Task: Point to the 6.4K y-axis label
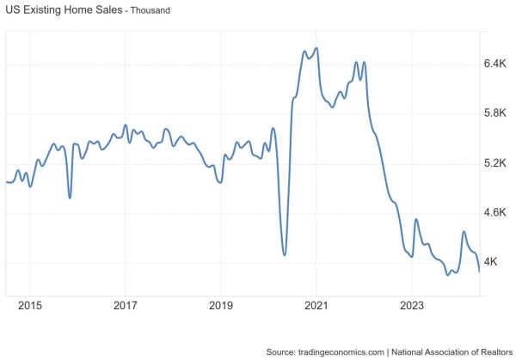point(497,64)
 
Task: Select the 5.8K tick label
point(497,113)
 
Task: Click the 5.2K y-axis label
point(497,163)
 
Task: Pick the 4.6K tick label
point(497,212)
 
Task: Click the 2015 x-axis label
point(29,306)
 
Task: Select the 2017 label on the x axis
point(125,306)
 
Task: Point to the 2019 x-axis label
point(221,306)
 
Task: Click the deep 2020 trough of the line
point(284,254)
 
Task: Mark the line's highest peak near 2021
point(317,48)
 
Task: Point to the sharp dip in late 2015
point(70,198)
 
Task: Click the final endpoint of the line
point(479,272)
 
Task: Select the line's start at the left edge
point(6,181)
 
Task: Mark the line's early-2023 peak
point(416,219)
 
